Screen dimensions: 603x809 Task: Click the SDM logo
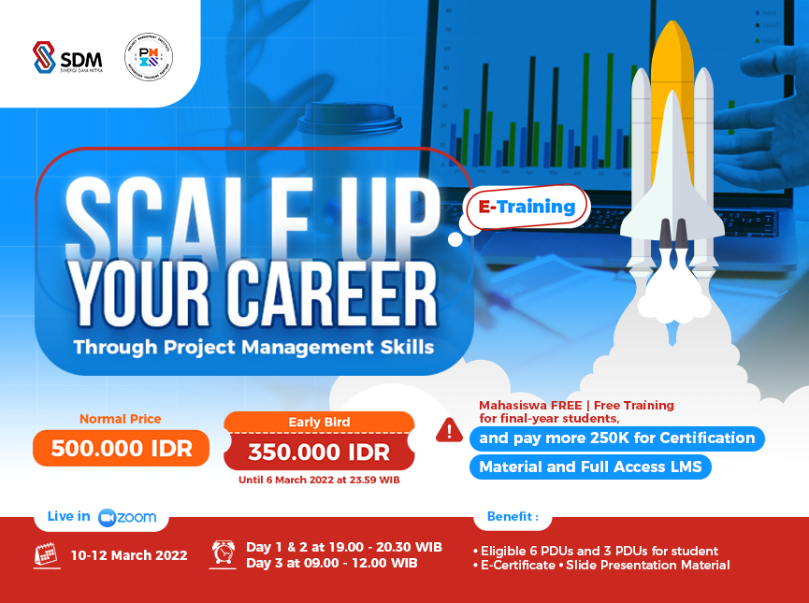(x=67, y=58)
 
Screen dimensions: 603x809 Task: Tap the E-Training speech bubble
(x=527, y=207)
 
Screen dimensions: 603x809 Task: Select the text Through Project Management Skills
(x=253, y=347)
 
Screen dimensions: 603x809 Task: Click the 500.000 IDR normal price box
(x=121, y=449)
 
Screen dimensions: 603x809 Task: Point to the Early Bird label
(x=318, y=422)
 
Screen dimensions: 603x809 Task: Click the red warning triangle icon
(x=449, y=430)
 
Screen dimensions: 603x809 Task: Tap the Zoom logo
(x=128, y=517)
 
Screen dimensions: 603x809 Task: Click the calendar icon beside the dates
(x=47, y=554)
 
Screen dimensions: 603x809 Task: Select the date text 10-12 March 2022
(x=129, y=555)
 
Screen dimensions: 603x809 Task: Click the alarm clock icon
(x=224, y=552)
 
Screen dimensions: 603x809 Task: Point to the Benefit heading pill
(x=513, y=517)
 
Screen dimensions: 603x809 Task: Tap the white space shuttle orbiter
(x=672, y=178)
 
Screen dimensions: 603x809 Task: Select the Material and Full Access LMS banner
(x=590, y=467)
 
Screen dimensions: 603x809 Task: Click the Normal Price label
(x=121, y=419)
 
